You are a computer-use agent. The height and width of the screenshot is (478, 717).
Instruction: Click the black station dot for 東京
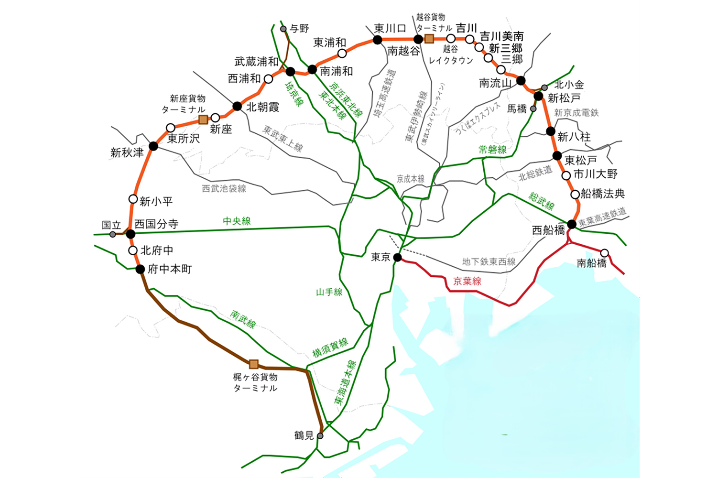(397, 257)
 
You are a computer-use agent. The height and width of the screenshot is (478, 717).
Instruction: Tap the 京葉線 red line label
(467, 281)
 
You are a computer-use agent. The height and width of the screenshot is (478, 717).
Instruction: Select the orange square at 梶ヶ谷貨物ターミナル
(254, 364)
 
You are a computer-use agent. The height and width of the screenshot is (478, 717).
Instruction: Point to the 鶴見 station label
(304, 435)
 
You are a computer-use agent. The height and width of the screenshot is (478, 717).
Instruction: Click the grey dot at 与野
(283, 29)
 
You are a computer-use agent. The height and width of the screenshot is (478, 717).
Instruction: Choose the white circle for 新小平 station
(133, 199)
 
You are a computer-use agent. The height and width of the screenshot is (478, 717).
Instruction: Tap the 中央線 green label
(237, 221)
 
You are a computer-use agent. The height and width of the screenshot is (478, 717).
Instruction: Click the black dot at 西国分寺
(130, 234)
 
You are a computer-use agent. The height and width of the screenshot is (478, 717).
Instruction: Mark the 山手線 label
(329, 292)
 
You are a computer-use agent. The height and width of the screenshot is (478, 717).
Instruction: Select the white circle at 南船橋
(605, 253)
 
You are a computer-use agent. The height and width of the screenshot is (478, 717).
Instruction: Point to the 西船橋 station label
(548, 230)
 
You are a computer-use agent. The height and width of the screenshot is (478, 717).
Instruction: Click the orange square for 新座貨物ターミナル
(203, 119)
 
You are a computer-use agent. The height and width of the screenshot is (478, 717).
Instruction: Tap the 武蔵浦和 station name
(256, 62)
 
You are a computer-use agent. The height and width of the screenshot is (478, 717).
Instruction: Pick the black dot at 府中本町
(140, 269)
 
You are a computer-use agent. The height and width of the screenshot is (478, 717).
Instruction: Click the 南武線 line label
(243, 319)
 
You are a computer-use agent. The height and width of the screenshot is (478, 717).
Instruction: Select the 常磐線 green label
(492, 150)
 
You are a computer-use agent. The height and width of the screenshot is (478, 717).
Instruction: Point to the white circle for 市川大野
(566, 175)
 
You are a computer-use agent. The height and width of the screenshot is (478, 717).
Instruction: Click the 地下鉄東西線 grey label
(489, 261)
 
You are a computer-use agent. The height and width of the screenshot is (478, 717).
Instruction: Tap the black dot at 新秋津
(153, 146)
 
